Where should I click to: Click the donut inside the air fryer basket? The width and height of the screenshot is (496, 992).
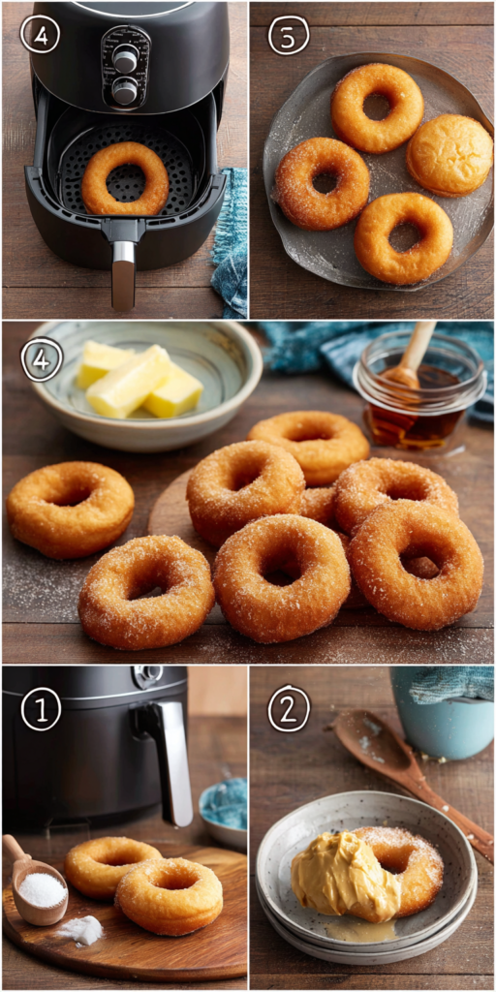click(124, 179)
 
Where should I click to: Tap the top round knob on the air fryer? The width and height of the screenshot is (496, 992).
click(125, 59)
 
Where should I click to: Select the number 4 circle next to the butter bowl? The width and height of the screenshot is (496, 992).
click(42, 358)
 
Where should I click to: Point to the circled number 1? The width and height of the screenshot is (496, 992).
click(41, 709)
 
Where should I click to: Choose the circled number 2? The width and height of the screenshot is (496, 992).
click(289, 709)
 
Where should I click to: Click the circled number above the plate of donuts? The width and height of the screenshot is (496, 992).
click(288, 35)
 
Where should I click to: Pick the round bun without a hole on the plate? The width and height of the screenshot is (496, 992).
click(449, 154)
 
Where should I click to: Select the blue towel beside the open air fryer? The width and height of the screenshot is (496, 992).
click(231, 242)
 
